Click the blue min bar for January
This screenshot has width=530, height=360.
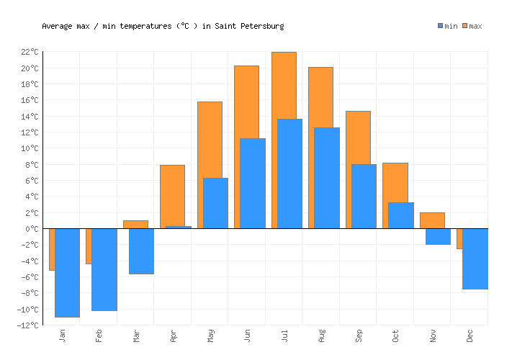coord(67,272)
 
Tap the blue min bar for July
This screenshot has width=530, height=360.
coord(289,174)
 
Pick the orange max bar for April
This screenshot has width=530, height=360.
coord(172,195)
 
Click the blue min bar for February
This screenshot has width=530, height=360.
coord(104,269)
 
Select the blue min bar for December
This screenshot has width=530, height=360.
coord(475,258)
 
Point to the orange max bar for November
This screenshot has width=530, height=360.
coord(432,220)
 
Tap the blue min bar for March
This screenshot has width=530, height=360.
coord(141,251)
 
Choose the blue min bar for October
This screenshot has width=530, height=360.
coord(401,215)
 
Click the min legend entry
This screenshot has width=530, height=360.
coord(447,26)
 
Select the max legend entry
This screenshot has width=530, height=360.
coord(472,26)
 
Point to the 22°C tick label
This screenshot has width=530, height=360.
coord(30,52)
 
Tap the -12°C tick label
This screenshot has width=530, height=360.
coord(28,325)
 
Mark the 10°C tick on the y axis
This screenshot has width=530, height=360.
coord(30,148)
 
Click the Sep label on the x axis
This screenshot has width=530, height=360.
coord(359,336)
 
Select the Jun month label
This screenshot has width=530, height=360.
coord(247,336)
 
